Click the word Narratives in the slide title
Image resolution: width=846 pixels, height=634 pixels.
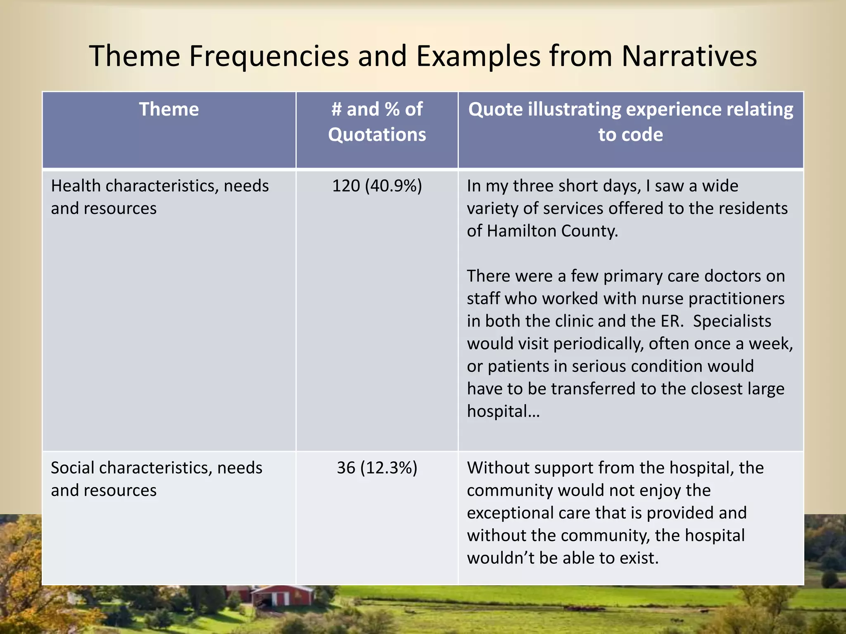(689, 56)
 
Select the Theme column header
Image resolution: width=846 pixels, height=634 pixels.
(169, 109)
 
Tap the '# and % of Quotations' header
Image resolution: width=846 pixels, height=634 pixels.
(377, 122)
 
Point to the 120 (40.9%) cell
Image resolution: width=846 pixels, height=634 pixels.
(377, 186)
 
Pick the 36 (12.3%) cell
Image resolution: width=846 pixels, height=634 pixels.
(377, 468)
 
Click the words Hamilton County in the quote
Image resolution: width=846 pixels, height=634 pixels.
(552, 231)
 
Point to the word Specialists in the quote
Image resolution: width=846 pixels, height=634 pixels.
(732, 321)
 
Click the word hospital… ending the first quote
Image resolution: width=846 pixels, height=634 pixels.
(503, 412)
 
